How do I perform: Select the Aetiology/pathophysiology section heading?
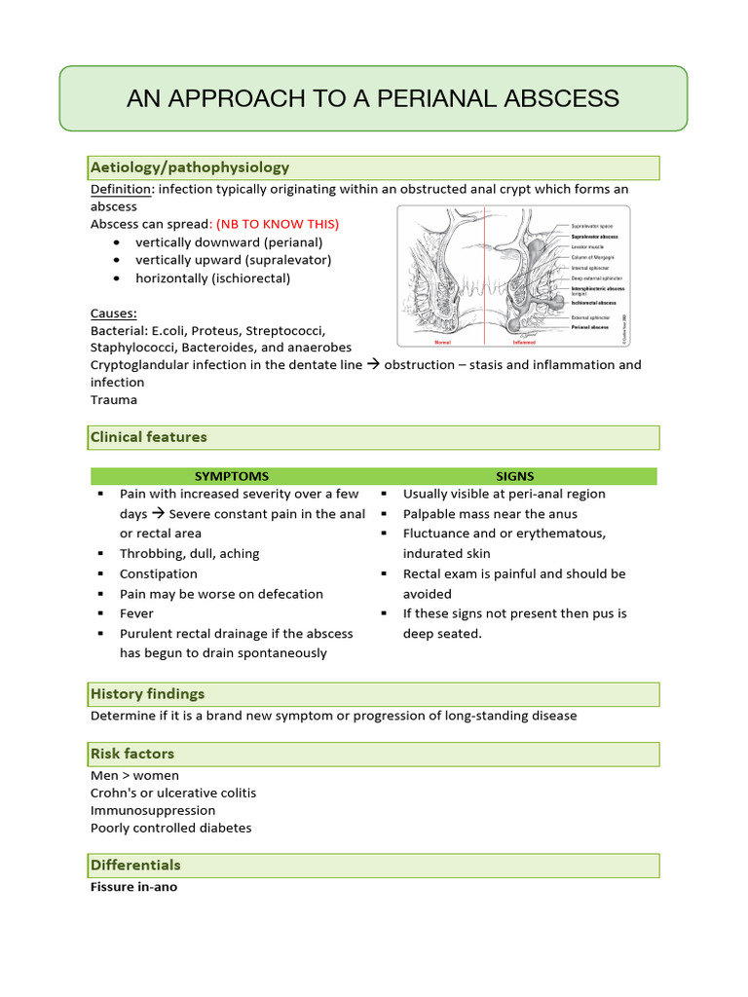click(190, 167)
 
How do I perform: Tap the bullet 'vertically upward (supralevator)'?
click(233, 260)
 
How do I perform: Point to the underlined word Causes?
click(113, 314)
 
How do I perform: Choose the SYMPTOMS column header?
click(232, 476)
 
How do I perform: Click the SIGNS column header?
click(514, 476)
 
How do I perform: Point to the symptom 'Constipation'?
click(159, 573)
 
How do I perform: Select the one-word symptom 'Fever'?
click(136, 613)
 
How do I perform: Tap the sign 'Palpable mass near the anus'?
click(490, 513)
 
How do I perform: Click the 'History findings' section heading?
click(148, 694)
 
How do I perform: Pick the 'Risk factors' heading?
click(132, 754)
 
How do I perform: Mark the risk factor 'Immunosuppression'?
click(153, 810)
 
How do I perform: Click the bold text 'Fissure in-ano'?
click(133, 887)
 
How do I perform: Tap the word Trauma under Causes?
click(114, 400)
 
